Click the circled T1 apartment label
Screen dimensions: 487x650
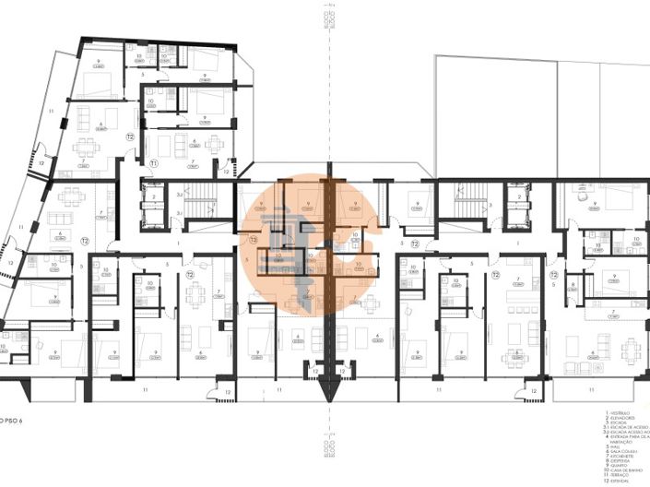click(155, 163)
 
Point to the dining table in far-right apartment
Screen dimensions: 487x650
click(630, 349)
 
